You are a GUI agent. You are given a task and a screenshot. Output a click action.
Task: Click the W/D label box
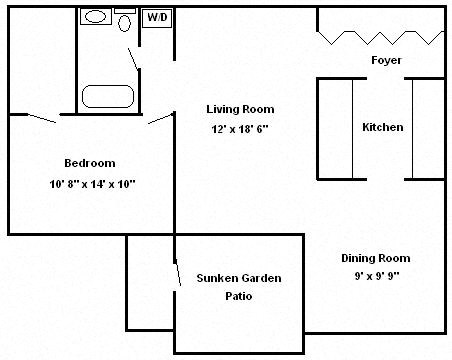coord(157,18)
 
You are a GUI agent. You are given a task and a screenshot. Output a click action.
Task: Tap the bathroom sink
coord(96,17)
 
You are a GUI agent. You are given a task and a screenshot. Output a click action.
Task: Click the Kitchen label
coord(383,127)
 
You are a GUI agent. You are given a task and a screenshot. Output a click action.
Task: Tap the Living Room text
coord(240,109)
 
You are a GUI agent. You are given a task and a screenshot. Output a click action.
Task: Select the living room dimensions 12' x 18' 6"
coord(240,129)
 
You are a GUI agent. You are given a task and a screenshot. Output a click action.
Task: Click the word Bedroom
coord(89,163)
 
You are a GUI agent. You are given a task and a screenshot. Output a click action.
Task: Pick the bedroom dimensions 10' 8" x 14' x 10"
coord(92,183)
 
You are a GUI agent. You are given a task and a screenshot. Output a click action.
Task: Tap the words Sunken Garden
coord(238,278)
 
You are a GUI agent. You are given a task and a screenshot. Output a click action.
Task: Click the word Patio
coord(238,297)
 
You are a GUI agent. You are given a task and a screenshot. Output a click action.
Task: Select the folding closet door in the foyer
coord(381,37)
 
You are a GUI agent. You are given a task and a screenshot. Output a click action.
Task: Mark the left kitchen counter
coord(336,127)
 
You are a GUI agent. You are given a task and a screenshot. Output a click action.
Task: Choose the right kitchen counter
coord(428,127)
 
